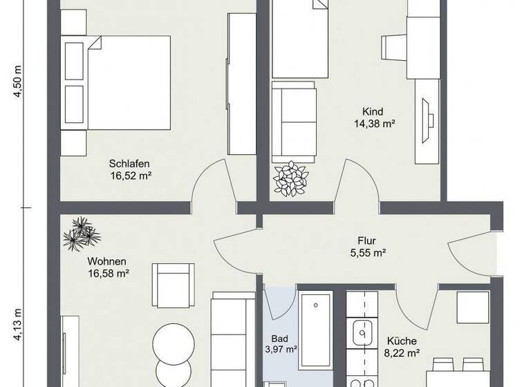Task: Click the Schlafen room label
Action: click(x=129, y=164)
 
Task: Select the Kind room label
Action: click(x=373, y=112)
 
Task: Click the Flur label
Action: click(x=366, y=241)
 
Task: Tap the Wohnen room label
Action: click(x=106, y=261)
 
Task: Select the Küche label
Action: click(x=401, y=341)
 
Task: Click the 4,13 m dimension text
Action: click(x=18, y=325)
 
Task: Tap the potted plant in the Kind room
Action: click(x=289, y=179)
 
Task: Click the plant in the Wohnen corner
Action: click(x=82, y=234)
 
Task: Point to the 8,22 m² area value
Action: click(x=401, y=353)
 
